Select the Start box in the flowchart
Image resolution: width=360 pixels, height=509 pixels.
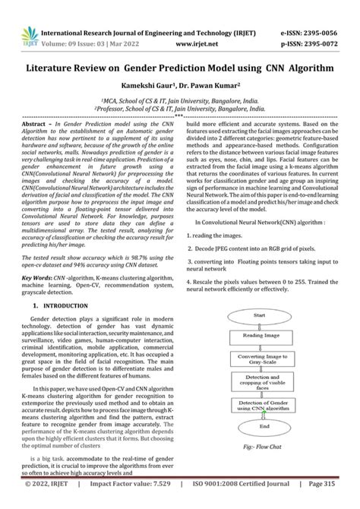[x=257, y=314]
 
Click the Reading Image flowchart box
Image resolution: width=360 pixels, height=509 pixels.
[x=257, y=334]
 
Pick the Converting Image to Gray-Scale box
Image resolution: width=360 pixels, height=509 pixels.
[x=257, y=359]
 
